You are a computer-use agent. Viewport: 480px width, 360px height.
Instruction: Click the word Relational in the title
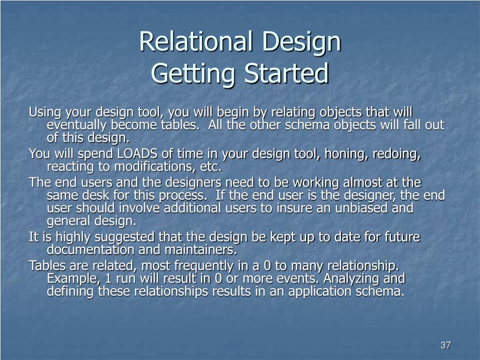[196, 41]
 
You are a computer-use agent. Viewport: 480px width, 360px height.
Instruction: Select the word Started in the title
[286, 74]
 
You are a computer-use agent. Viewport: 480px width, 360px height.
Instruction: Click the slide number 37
[445, 345]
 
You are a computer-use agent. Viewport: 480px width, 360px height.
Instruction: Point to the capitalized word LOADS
[137, 153]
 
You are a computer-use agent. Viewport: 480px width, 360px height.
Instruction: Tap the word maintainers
[201, 249]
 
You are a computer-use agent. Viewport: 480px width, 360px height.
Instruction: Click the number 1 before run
[108, 278]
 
